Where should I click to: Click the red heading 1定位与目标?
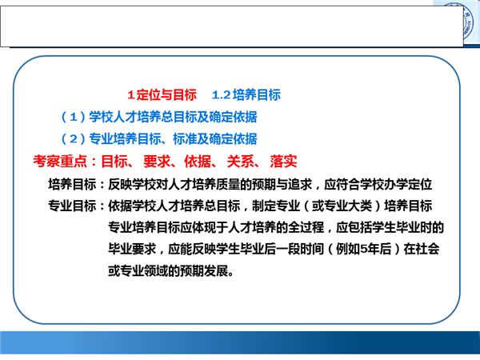162,94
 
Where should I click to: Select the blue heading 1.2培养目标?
246,94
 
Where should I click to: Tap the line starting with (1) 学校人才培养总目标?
159,117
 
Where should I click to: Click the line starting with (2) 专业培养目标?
159,138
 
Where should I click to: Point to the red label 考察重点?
60,161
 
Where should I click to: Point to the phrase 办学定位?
408,184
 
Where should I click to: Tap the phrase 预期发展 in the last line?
204,270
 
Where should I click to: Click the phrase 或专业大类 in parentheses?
342,206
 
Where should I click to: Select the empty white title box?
232,26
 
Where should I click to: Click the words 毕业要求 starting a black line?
132,249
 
